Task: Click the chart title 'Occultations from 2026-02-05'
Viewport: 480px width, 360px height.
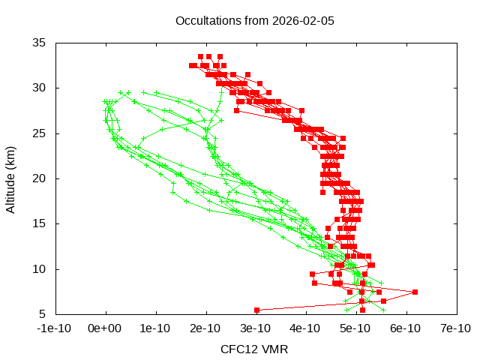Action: pos(254,20)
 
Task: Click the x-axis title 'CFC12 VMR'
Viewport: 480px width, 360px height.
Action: pos(254,349)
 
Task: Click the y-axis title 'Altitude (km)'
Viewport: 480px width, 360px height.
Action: pos(10,178)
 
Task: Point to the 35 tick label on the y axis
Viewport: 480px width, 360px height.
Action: pos(39,43)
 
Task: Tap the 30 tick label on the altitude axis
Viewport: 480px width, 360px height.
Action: pos(39,88)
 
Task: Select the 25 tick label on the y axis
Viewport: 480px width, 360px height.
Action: pos(39,133)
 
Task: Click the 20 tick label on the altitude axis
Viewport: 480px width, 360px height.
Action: pos(39,178)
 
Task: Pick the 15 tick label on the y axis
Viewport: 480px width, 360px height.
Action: pos(39,223)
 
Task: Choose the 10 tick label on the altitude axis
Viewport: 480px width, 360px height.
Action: pos(39,268)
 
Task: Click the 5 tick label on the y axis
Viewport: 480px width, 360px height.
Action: pos(42,314)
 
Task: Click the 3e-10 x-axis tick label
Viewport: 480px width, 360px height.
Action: pos(255,328)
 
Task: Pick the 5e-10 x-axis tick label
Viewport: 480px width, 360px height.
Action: pos(355,328)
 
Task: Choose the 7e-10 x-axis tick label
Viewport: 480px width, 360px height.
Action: pos(455,328)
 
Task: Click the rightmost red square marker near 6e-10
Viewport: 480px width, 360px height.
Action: pos(415,292)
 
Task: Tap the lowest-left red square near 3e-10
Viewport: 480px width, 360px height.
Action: pos(256,310)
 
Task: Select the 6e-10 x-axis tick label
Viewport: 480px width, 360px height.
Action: pos(405,328)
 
